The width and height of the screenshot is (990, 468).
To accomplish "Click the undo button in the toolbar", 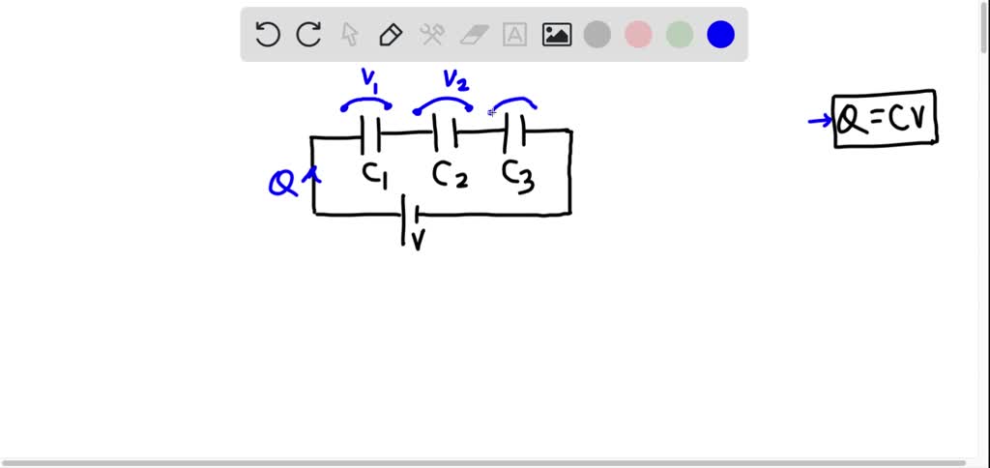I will [268, 36].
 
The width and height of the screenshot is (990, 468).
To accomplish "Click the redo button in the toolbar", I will [308, 36].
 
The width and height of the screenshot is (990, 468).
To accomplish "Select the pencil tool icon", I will [391, 36].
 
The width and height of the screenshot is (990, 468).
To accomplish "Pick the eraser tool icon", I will [474, 36].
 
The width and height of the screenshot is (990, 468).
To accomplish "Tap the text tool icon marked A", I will [515, 36].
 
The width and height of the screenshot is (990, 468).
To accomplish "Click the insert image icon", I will [557, 36].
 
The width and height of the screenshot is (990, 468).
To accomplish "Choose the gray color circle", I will [597, 36].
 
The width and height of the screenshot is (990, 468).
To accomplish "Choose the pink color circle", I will [638, 36].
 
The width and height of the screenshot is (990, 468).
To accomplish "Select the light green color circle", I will [680, 36].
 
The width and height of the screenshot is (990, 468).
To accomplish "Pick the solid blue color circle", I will [720, 36].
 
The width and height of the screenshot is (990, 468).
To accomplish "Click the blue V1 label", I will [367, 79].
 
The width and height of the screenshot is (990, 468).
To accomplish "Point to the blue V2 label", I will [453, 79].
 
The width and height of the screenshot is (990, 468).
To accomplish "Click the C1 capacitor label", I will [375, 174].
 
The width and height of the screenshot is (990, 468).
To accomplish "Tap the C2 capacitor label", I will [450, 174].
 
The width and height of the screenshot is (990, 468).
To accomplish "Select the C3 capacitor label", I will [518, 175].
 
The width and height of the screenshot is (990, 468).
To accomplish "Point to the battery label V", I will [419, 240].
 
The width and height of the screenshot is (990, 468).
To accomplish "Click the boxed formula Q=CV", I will [886, 121].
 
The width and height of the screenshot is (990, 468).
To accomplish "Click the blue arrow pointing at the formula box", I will [820, 121].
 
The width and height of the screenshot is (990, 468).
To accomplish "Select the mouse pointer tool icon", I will [350, 36].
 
